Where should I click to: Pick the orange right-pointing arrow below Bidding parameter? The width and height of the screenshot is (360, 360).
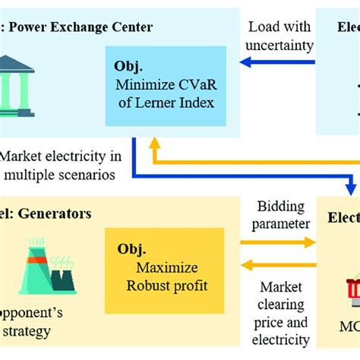coord(278,242)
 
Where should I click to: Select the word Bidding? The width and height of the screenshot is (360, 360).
coord(281,207)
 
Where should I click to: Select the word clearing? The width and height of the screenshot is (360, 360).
coord(282,305)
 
